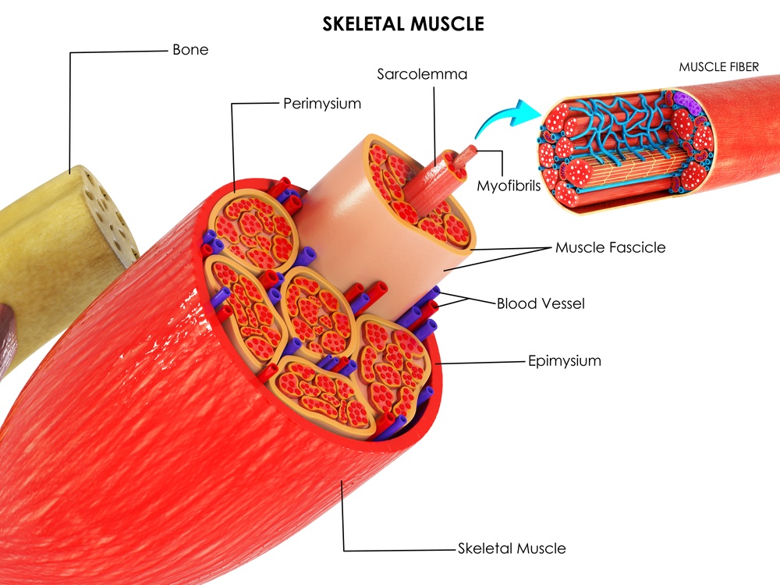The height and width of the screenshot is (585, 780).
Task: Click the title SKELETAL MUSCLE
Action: tap(403, 24)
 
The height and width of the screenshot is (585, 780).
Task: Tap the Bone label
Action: tap(190, 50)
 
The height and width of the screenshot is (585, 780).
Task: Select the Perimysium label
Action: tap(322, 103)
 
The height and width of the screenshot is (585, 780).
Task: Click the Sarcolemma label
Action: tap(422, 75)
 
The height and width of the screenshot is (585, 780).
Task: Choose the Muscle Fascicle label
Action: tap(611, 248)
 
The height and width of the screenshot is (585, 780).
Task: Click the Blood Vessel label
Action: tap(541, 303)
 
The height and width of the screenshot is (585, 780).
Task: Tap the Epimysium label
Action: tap(564, 361)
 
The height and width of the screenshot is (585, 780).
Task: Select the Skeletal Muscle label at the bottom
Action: tap(512, 548)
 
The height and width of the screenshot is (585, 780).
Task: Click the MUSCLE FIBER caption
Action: tap(718, 67)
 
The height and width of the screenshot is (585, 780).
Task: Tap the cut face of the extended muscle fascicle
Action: tap(417, 191)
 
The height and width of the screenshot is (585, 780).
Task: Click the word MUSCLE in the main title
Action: tap(446, 24)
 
